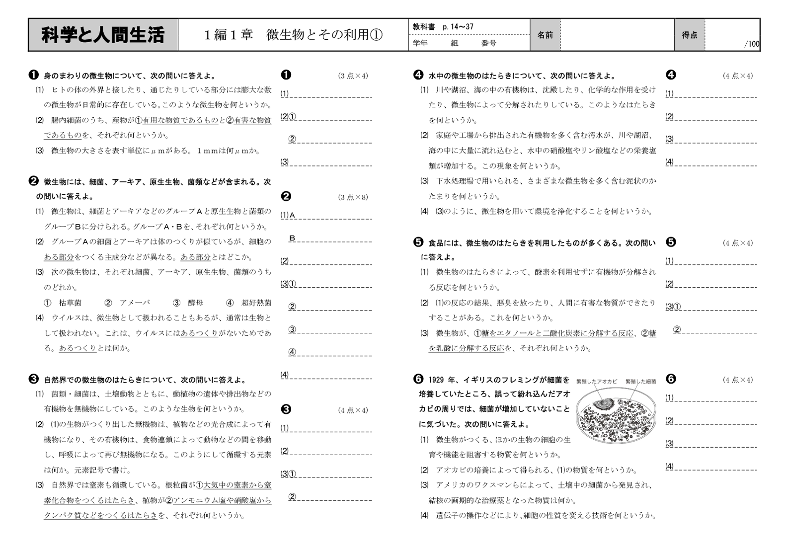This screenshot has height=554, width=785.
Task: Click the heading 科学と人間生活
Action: point(103,35)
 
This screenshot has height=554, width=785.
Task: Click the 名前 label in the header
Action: point(545,35)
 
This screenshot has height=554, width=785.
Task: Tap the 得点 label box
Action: point(689,35)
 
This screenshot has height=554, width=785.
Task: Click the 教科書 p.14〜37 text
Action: point(443,27)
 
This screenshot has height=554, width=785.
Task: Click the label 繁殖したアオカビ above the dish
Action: point(596,381)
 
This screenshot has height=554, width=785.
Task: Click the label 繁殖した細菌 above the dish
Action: point(640,381)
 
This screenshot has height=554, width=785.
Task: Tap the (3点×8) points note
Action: point(353,197)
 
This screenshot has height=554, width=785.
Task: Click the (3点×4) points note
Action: point(353,76)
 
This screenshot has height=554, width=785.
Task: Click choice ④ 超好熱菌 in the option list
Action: point(249,303)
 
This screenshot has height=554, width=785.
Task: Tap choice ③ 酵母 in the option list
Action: point(188,303)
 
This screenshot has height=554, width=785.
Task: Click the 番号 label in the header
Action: point(489,43)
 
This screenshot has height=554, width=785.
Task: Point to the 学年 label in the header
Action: point(420,43)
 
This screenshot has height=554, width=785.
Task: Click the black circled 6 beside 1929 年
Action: point(418,379)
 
